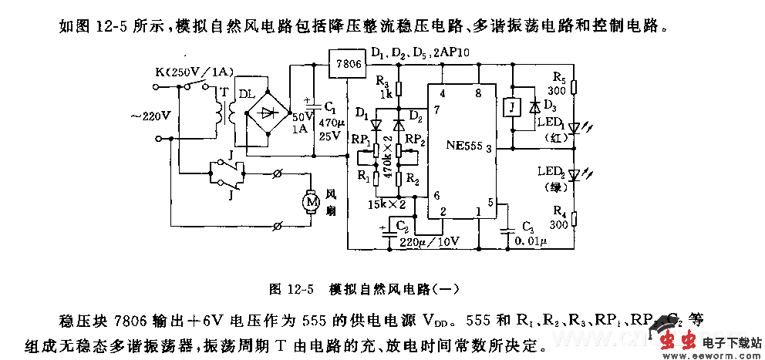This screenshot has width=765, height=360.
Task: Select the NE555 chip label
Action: pyautogui.click(x=463, y=145)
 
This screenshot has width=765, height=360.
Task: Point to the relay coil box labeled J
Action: pyautogui.click(x=510, y=107)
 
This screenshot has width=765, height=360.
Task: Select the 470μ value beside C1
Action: pyautogui.click(x=328, y=123)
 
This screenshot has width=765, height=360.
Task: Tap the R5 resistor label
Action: pyautogui.click(x=560, y=77)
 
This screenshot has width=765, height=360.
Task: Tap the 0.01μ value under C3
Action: pyautogui.click(x=531, y=242)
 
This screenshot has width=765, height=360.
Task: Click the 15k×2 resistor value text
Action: pyautogui.click(x=386, y=204)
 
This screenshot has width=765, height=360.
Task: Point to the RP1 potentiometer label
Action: pyautogui.click(x=360, y=140)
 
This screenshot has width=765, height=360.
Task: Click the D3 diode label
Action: pyautogui.click(x=549, y=105)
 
